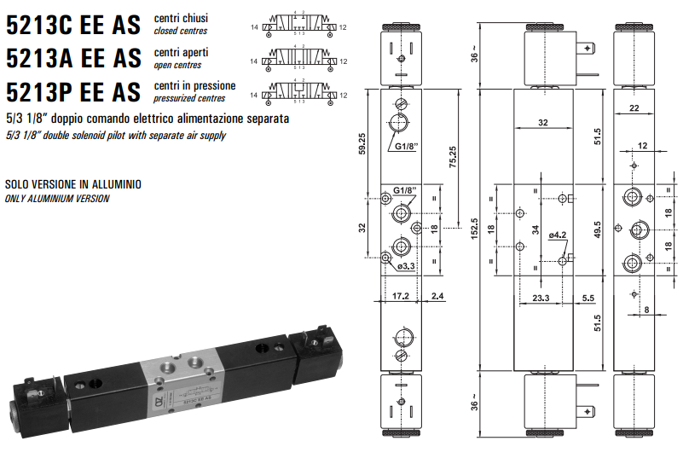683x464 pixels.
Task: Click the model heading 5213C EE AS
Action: point(72,25)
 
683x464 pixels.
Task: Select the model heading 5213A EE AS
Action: point(72,58)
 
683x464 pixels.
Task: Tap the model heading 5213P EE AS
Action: point(72,91)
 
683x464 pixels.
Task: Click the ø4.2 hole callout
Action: point(559,234)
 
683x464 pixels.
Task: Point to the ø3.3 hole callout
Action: point(406,267)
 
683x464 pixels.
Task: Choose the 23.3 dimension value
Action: point(539,299)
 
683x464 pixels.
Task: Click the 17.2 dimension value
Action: point(401,297)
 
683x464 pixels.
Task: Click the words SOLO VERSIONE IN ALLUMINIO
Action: point(72,184)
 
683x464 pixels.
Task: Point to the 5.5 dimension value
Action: point(587,299)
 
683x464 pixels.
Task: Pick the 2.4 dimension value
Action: point(437,297)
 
